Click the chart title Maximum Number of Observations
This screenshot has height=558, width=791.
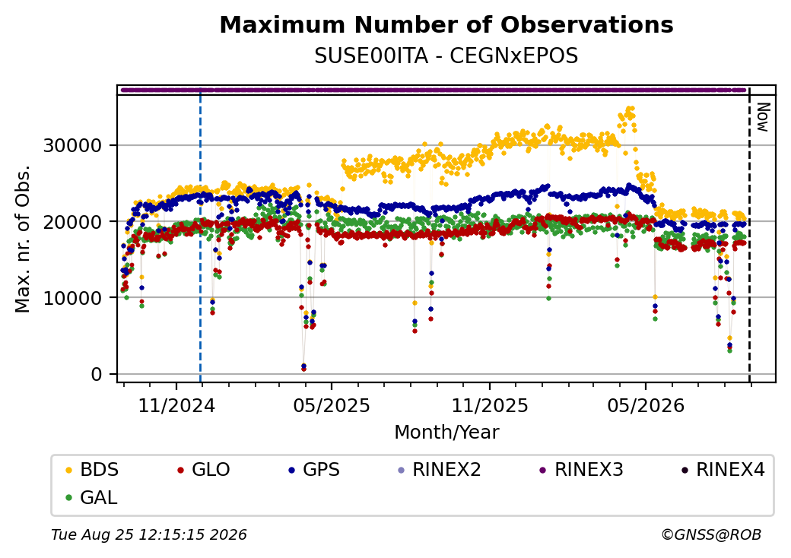coord(446,24)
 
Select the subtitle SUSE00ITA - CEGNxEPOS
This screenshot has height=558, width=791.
coord(446,56)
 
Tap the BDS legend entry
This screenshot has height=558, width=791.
coord(92,470)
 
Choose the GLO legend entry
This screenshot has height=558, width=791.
coord(204,470)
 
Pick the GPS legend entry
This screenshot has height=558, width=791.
coord(314,470)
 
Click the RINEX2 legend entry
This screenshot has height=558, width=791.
coord(440,470)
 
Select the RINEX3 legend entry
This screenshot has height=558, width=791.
coord(582,470)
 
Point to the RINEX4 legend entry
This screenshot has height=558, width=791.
coord(723,470)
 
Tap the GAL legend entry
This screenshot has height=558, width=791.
coord(91,497)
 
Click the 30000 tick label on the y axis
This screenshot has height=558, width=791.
coord(73,146)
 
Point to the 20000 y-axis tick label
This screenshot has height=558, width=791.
coord(73,222)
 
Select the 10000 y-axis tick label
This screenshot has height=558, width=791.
coord(73,298)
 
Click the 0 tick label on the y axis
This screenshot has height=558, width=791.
coord(97,375)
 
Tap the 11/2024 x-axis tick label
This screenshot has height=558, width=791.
coord(176,405)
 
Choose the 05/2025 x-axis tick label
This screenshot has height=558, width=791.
coord(332,405)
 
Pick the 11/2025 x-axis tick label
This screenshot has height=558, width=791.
coord(489,405)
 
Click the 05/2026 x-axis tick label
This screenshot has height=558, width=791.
coord(646,405)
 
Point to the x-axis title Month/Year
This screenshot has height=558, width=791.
coord(446,432)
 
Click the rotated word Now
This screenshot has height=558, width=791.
coord(764,117)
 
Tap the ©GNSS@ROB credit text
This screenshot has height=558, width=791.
coord(711,534)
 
